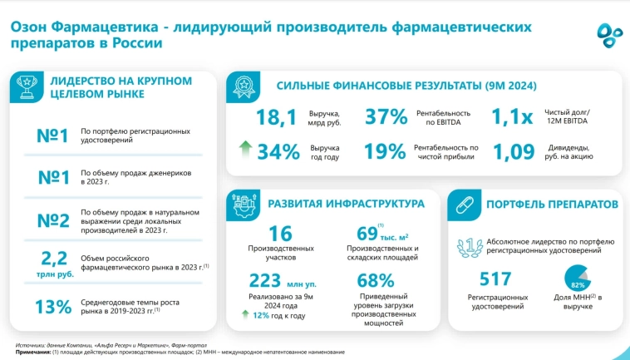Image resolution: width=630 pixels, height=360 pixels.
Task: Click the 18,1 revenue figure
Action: point(276,119)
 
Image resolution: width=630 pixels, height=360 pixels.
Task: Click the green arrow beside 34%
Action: point(244,150)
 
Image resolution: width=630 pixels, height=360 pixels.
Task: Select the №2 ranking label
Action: point(53,219)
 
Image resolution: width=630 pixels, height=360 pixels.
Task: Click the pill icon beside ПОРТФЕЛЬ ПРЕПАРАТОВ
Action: point(464,205)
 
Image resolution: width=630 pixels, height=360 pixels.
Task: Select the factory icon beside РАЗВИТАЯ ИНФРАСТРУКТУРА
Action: point(245,205)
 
